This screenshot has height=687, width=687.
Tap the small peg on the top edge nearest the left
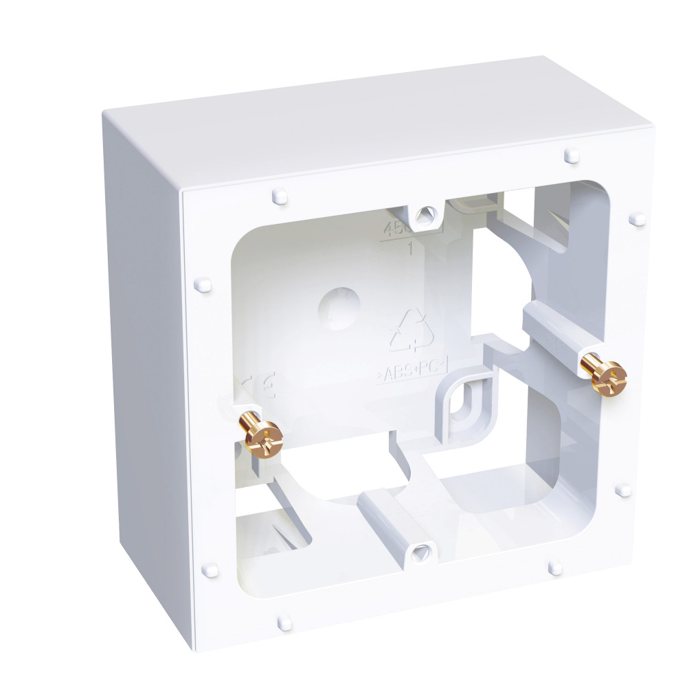(x=279, y=196)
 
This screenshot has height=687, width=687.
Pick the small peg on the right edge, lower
(x=623, y=490)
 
